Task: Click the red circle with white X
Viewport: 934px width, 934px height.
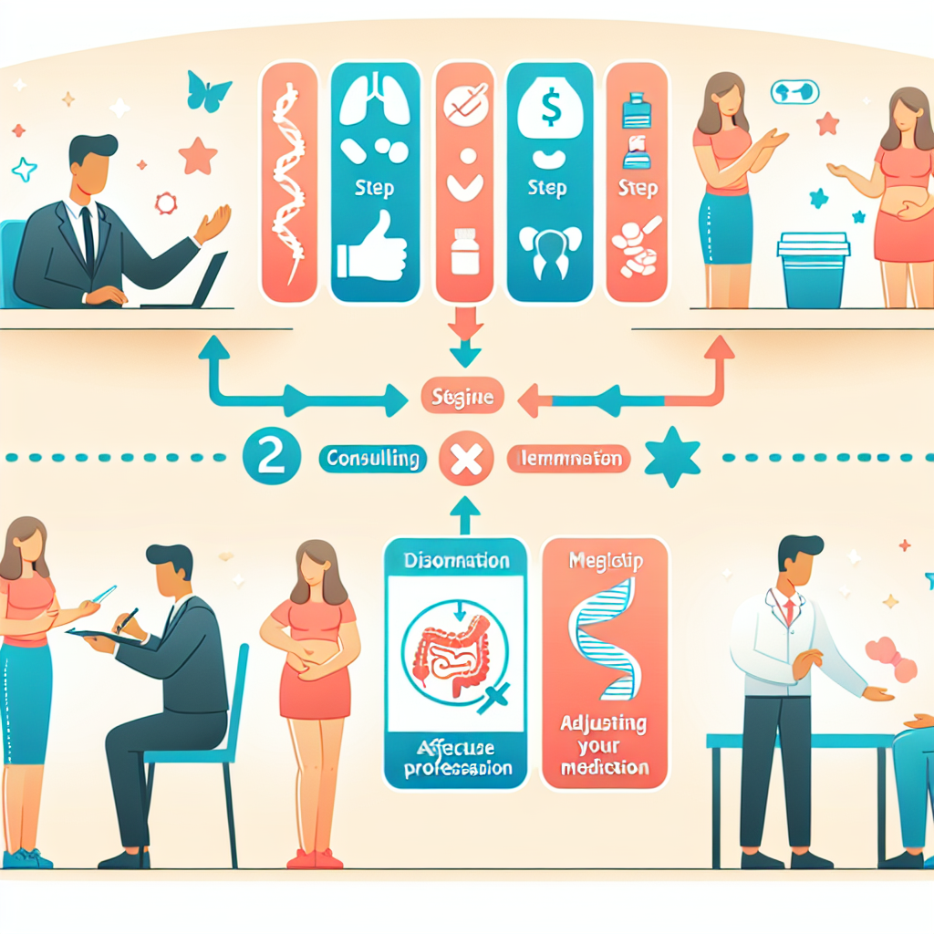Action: [x=466, y=459]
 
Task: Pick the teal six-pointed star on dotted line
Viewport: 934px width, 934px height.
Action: [x=672, y=457]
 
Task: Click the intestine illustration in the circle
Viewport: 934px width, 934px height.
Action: [x=454, y=650]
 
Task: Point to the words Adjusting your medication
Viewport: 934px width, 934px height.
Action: [x=605, y=746]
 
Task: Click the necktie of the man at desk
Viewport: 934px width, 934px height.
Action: [x=88, y=236]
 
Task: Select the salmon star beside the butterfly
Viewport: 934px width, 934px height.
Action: [x=198, y=155]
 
